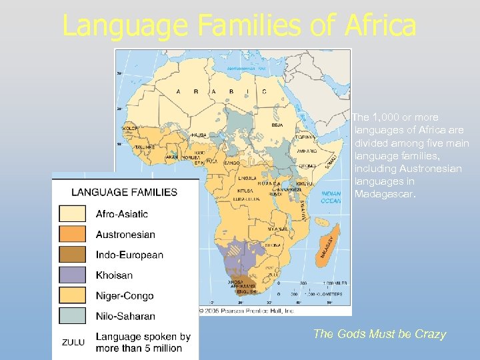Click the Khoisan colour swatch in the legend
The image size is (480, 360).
point(72,275)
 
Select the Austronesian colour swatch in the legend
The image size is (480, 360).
point(72,234)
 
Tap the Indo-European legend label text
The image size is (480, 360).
point(129,255)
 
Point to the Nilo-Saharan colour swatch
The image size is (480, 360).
point(72,315)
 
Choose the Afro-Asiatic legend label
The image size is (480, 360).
point(122,214)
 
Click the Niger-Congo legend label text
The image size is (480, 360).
point(125,295)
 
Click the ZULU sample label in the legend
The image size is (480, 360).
point(73,342)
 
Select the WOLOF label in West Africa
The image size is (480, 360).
point(130,128)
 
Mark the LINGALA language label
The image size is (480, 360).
point(248,178)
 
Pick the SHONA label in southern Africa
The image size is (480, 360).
point(272,245)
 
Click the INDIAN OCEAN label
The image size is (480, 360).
point(331,197)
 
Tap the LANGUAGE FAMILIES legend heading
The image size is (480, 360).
point(125,192)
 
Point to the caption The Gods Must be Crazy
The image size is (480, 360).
point(379,334)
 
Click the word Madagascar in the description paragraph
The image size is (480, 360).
point(385,195)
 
